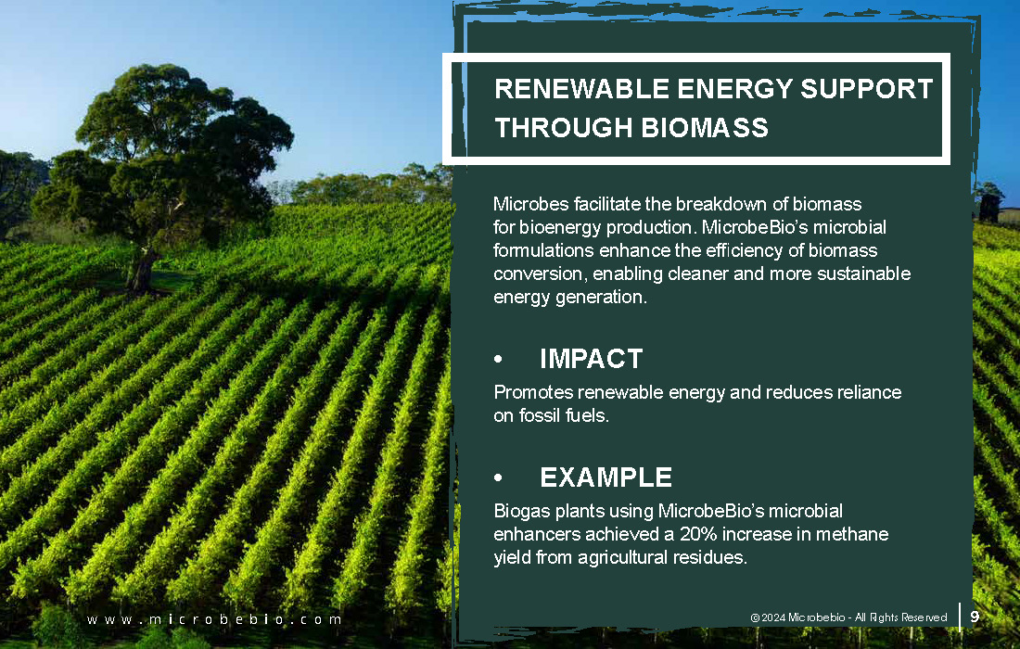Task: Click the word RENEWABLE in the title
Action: click(x=581, y=89)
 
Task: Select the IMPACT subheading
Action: click(x=592, y=359)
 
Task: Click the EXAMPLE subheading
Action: click(x=606, y=477)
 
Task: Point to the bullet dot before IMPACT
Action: click(x=498, y=359)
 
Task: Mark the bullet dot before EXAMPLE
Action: click(x=498, y=477)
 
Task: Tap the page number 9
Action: click(x=975, y=617)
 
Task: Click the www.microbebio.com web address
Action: click(x=214, y=619)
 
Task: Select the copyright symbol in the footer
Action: click(x=755, y=617)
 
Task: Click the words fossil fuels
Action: click(x=564, y=414)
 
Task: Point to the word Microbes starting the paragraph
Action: click(x=530, y=204)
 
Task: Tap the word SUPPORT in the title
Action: click(x=866, y=89)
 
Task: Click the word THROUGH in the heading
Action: click(x=564, y=127)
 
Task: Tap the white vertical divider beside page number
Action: click(x=960, y=617)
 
